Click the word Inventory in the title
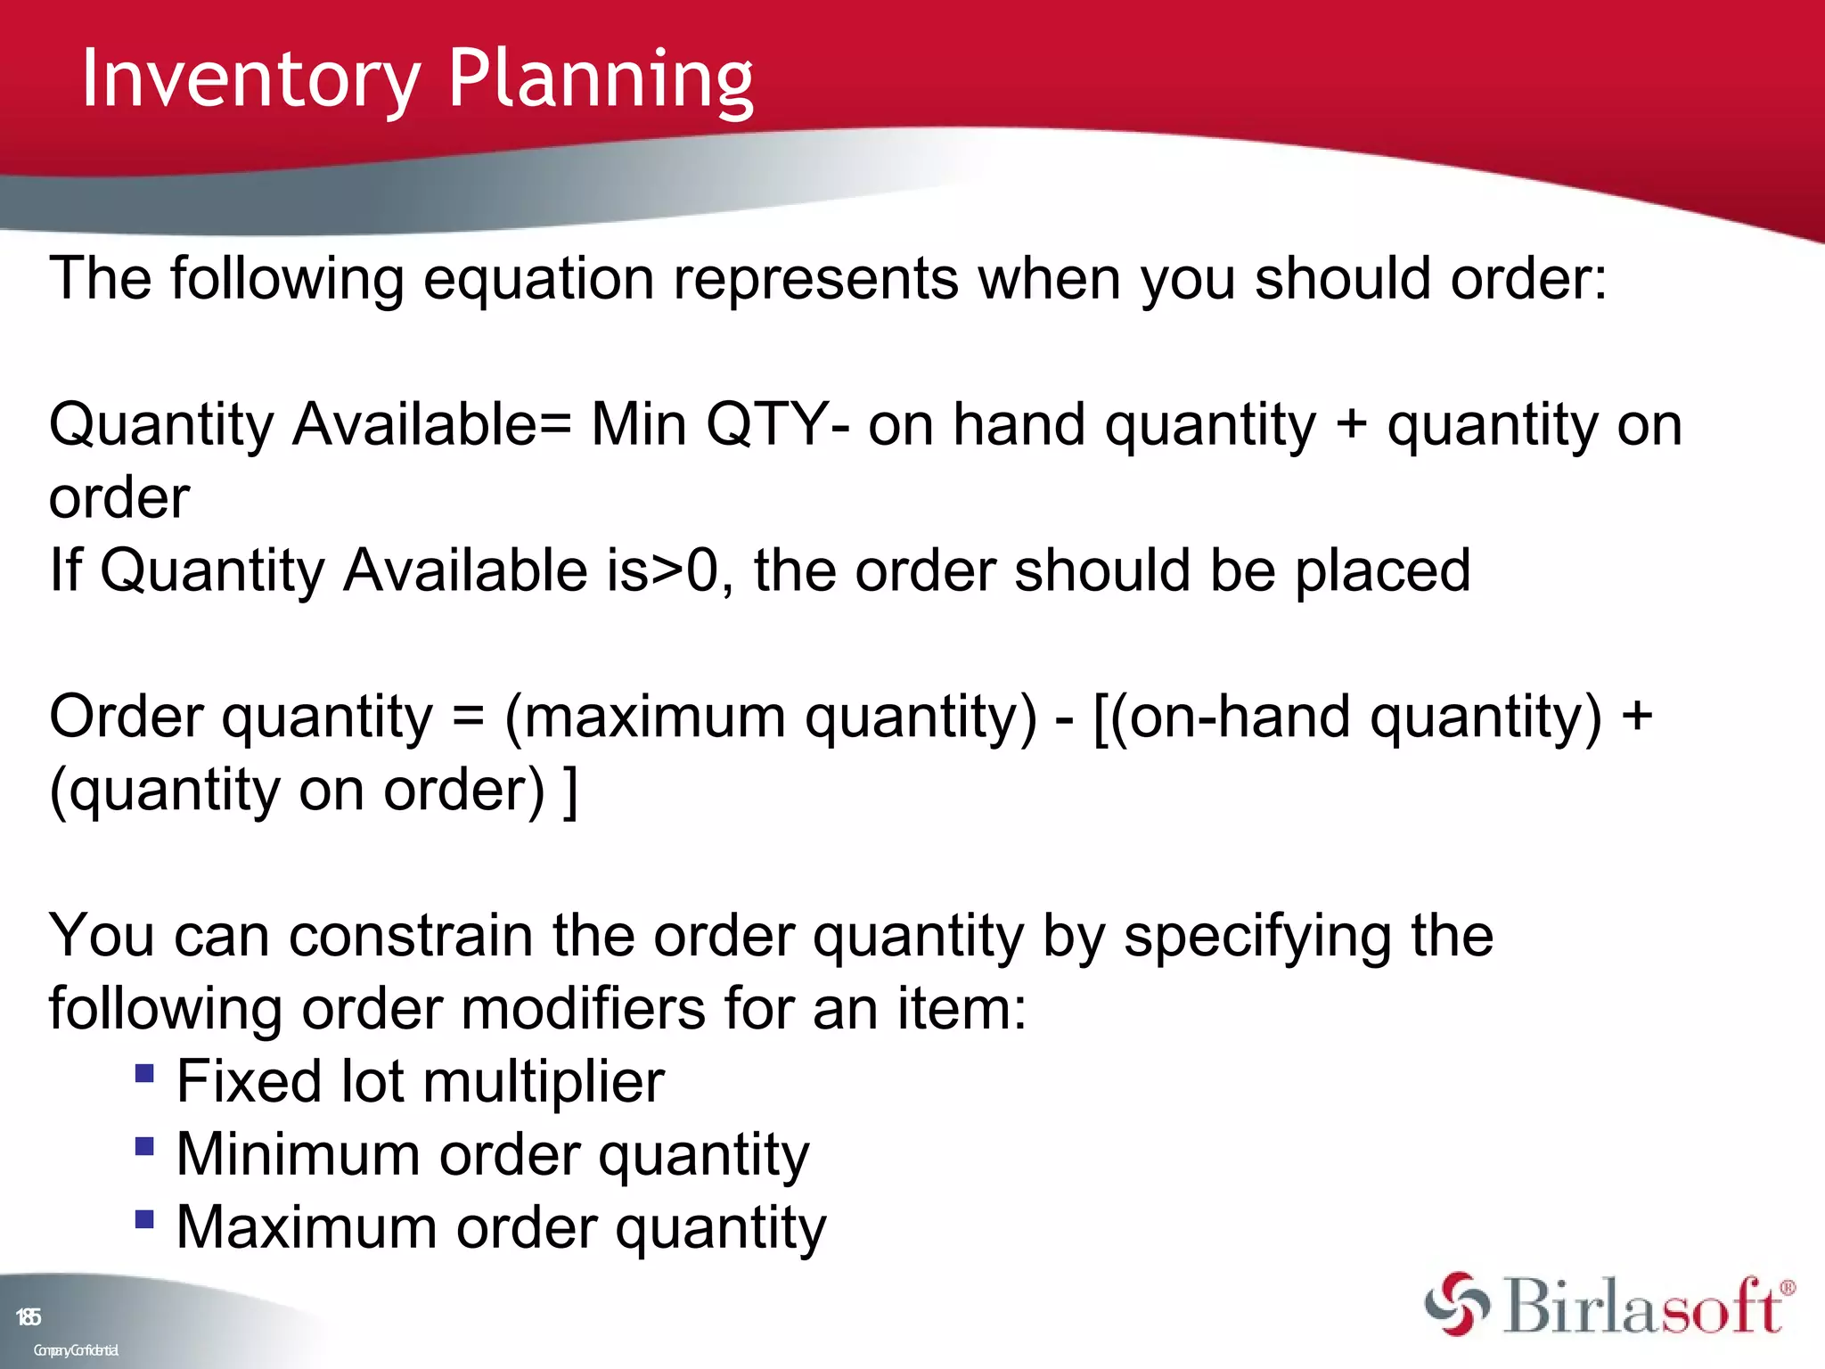click(x=250, y=80)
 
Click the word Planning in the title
click(x=600, y=80)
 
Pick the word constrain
click(x=410, y=937)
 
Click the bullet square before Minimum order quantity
click(x=144, y=1144)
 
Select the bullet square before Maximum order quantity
click(x=144, y=1217)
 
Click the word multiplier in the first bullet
click(x=544, y=1083)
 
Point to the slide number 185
click(x=28, y=1317)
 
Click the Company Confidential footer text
click(x=76, y=1350)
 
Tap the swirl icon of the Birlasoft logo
click(x=1457, y=1304)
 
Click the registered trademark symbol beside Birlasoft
click(x=1787, y=1288)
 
